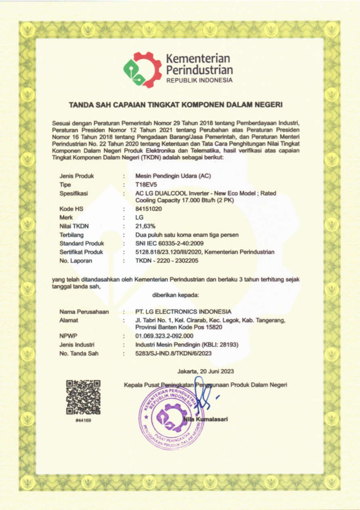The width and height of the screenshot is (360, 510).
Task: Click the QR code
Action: [83, 397]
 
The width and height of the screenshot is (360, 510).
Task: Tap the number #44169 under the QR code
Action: [83, 421]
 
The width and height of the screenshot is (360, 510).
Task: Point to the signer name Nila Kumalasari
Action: [206, 419]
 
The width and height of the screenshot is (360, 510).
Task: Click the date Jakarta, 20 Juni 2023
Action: [205, 371]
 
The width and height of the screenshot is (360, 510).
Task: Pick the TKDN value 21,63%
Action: [145, 226]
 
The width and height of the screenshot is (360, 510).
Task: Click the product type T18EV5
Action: [146, 185]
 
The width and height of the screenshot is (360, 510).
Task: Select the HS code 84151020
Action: [148, 209]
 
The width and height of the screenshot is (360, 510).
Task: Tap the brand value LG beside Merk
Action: [139, 218]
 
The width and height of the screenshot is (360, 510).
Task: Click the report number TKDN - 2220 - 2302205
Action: [167, 261]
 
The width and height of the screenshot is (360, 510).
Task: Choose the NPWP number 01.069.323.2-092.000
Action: [164, 336]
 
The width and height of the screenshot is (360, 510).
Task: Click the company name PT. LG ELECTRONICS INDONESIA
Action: [183, 312]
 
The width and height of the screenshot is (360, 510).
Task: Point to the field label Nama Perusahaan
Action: [84, 312]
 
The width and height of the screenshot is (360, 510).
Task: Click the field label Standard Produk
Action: [81, 243]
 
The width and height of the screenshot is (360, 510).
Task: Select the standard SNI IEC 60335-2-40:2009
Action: [169, 243]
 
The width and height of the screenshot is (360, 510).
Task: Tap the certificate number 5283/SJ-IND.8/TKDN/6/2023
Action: [173, 353]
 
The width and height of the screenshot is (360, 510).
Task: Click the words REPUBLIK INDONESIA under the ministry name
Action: [199, 80]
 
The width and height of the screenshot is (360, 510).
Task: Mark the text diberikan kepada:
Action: [175, 295]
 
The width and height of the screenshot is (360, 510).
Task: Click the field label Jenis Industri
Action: [77, 345]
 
